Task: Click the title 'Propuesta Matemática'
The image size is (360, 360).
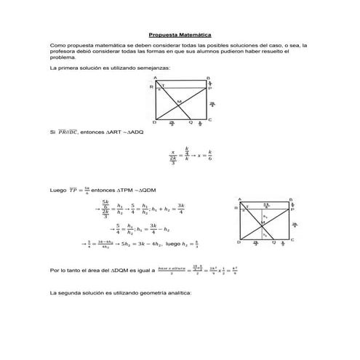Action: (x=180, y=33)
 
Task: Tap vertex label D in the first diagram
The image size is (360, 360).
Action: (x=154, y=121)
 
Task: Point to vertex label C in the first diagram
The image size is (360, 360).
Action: (x=209, y=120)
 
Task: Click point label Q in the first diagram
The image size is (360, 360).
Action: (x=190, y=123)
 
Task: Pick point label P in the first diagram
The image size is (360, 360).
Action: (x=210, y=87)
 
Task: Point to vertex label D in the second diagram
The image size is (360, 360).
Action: (x=238, y=241)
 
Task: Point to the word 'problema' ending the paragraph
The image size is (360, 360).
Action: (x=63, y=57)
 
